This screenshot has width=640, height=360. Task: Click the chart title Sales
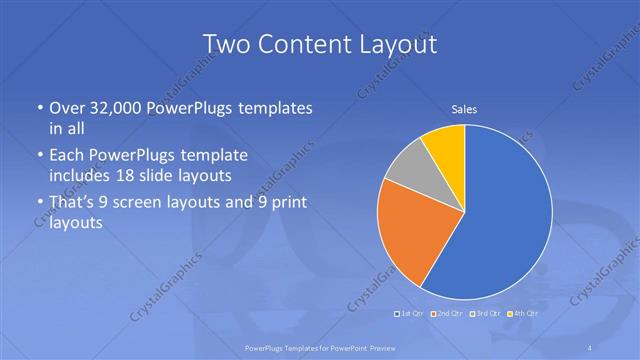coord(464,108)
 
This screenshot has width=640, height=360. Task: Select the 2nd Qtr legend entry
coord(445,314)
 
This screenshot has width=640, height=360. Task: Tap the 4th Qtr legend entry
coord(521,314)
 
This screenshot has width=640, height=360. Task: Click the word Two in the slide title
coord(227,44)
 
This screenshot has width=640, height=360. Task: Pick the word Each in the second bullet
coord(66,156)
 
